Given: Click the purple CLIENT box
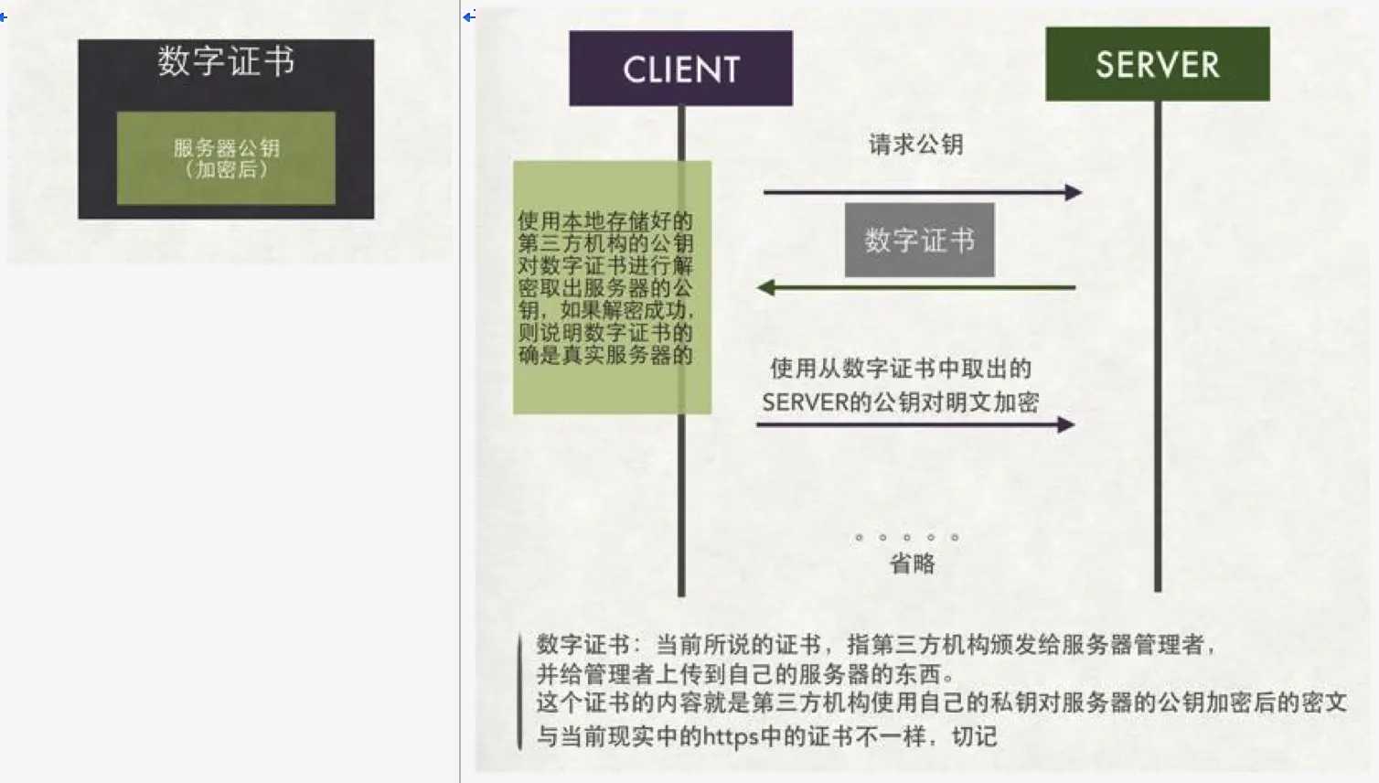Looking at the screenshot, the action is pyautogui.click(x=680, y=69).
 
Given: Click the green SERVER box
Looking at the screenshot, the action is pyautogui.click(x=1157, y=64).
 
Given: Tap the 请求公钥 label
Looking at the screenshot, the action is pyautogui.click(x=915, y=145).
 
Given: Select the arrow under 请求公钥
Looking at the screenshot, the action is pyautogui.click(x=922, y=192).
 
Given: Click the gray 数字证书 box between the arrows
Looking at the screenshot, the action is pyautogui.click(x=919, y=240).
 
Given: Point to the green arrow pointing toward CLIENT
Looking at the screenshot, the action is pyautogui.click(x=916, y=288).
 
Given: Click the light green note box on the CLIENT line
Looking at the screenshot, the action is pyautogui.click(x=612, y=287).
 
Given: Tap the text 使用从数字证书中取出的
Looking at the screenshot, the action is pyautogui.click(x=901, y=369).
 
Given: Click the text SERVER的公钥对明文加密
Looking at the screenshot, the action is pyautogui.click(x=900, y=402).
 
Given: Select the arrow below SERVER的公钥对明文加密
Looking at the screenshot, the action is pyautogui.click(x=914, y=424).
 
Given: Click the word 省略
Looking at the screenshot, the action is pyautogui.click(x=912, y=563).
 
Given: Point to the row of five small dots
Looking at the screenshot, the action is pyautogui.click(x=906, y=538).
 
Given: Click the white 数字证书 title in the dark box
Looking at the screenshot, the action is pyautogui.click(x=226, y=62).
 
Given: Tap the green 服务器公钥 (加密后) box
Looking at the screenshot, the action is pyautogui.click(x=226, y=158).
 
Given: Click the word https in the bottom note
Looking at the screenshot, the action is pyautogui.click(x=731, y=736).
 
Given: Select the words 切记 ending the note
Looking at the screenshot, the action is pyautogui.click(x=974, y=736).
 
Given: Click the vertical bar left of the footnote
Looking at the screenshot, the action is pyautogui.click(x=519, y=692).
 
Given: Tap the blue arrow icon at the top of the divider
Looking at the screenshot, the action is pyautogui.click(x=469, y=16).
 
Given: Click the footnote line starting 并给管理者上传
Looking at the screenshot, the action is pyautogui.click(x=745, y=675).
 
